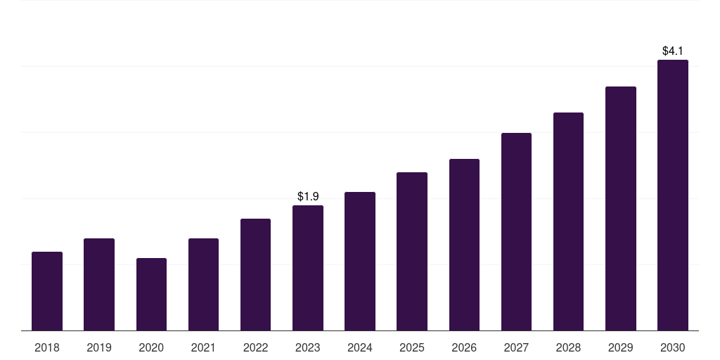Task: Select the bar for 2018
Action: point(47,291)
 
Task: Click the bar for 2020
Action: point(152,295)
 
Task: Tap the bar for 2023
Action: point(308,268)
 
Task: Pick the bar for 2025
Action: point(412,251)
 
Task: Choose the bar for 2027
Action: point(516,231)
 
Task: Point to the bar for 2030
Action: point(673,195)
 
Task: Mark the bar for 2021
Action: point(203,284)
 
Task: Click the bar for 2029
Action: point(621,208)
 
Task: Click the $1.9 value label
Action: point(308,197)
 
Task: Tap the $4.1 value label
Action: point(673,51)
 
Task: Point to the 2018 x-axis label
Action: point(47,347)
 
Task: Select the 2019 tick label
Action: point(99,347)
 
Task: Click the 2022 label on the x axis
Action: point(255,347)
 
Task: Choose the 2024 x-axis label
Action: point(359,347)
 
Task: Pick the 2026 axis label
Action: point(464,347)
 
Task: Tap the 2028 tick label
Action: point(568,347)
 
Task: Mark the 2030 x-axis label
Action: point(673,347)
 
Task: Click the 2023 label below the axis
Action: point(308,347)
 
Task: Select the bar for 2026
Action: point(464,245)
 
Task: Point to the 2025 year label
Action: point(412,347)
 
